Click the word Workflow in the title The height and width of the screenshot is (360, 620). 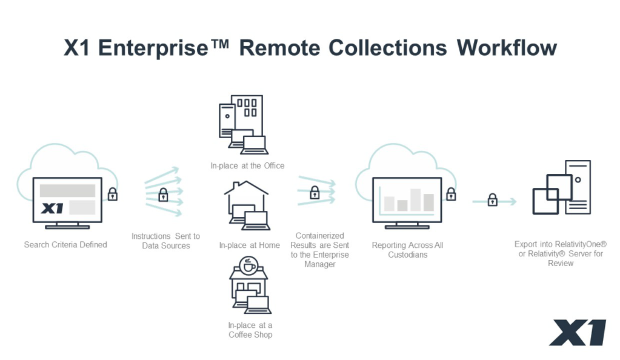click(x=507, y=47)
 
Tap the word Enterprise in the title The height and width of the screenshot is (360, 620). click(x=153, y=48)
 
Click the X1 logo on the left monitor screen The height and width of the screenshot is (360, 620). click(x=52, y=208)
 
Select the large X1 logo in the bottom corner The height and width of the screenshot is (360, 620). click(x=578, y=332)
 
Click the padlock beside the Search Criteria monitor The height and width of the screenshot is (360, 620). click(x=113, y=194)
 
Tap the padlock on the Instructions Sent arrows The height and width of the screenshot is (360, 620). click(x=163, y=195)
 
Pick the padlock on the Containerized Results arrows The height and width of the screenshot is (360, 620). click(x=315, y=193)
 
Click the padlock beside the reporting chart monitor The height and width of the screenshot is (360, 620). click(x=451, y=194)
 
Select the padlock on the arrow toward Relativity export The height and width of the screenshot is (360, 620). click(x=492, y=200)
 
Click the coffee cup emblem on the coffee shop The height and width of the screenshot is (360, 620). click(x=249, y=266)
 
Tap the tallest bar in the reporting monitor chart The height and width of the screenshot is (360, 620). click(x=416, y=200)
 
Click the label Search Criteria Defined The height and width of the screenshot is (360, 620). click(x=65, y=244)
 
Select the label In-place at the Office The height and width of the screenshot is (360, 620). click(x=247, y=166)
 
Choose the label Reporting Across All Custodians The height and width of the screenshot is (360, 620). click(x=408, y=250)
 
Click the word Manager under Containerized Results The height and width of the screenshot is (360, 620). click(x=320, y=264)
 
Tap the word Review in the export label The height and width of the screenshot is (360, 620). click(x=561, y=263)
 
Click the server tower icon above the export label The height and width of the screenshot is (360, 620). click(x=578, y=187)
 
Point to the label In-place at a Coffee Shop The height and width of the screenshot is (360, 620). click(x=250, y=330)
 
